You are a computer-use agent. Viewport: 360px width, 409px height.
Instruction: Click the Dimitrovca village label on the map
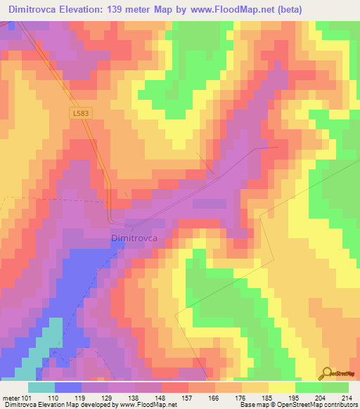(x=134, y=239)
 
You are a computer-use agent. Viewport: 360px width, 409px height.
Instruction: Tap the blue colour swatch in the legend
(x=67, y=387)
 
